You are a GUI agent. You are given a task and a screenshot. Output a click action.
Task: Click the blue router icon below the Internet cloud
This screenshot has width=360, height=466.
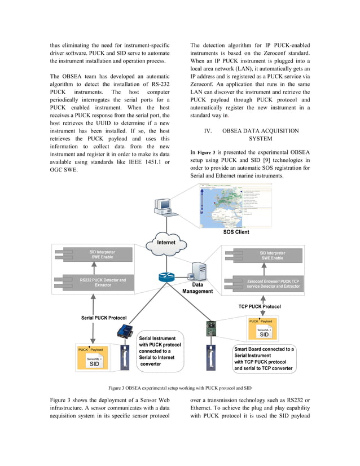tap(167, 277)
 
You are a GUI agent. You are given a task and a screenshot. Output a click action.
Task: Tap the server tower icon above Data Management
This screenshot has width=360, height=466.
tap(198, 272)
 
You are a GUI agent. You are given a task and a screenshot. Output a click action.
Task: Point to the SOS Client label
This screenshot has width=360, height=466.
tap(236, 232)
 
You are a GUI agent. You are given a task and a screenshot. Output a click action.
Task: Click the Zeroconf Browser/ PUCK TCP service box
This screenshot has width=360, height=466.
tap(273, 283)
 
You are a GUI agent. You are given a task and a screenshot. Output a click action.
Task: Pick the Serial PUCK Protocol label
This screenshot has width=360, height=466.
tap(104, 318)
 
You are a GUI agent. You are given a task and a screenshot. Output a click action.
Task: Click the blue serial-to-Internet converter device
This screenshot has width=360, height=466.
tap(124, 332)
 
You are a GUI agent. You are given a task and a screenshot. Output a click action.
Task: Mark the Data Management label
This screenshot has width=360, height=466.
tap(197, 288)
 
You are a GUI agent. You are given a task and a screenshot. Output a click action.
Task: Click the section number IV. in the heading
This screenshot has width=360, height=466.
tap(208, 131)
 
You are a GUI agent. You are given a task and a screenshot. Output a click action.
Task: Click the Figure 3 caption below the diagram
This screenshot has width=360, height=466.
tap(179, 388)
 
